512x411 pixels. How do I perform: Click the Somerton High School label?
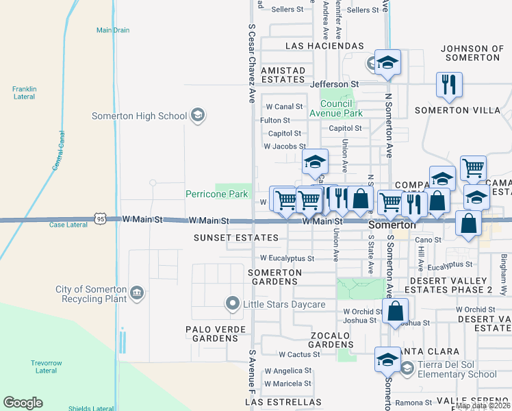tap(139, 116)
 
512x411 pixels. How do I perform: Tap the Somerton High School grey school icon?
tap(198, 114)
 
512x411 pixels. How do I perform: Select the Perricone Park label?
tap(217, 194)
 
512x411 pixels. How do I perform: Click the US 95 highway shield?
tap(101, 219)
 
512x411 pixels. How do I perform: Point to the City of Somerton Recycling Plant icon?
tap(137, 294)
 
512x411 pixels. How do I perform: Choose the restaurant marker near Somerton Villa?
tap(449, 84)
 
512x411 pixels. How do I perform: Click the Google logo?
tap(23, 403)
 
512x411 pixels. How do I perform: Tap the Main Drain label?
tap(112, 30)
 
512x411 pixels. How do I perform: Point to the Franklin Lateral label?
tap(24, 92)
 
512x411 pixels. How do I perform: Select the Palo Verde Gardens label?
tap(215, 334)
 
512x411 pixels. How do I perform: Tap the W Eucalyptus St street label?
tap(287, 258)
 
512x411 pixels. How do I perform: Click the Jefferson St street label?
tap(335, 84)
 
